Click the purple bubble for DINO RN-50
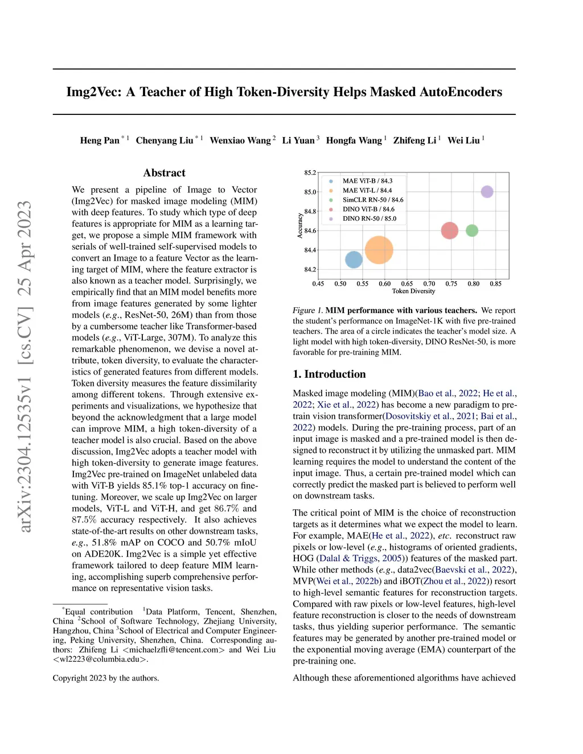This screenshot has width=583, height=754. pyautogui.click(x=487, y=192)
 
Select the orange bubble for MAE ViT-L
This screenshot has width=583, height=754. pyautogui.click(x=379, y=250)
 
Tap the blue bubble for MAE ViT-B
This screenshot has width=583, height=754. pyautogui.click(x=354, y=259)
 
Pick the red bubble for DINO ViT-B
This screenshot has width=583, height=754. pyautogui.click(x=450, y=230)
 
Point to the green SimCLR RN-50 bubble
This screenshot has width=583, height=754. pyautogui.click(x=472, y=230)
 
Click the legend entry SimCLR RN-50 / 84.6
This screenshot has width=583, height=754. pyautogui.click(x=372, y=200)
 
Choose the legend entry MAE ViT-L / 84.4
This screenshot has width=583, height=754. pyautogui.click(x=367, y=191)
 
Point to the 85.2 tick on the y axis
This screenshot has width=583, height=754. pyautogui.click(x=310, y=172)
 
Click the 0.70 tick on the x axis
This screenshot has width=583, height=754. pyautogui.click(x=429, y=283)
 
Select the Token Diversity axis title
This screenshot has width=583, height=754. pyautogui.click(x=413, y=291)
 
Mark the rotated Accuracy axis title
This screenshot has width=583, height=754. pyautogui.click(x=300, y=225)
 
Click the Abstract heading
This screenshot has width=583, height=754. pyautogui.click(x=164, y=173)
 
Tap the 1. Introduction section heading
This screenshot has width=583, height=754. pyautogui.click(x=329, y=374)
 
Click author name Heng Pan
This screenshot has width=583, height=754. pyautogui.click(x=100, y=141)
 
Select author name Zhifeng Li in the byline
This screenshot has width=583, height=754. pyautogui.click(x=414, y=141)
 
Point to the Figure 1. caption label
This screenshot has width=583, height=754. pyautogui.click(x=307, y=310)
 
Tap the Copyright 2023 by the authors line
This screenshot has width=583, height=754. pyautogui.click(x=106, y=678)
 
